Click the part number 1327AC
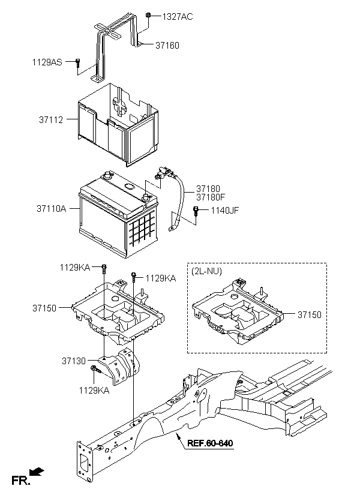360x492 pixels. click(178, 17)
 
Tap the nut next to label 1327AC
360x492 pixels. click(149, 15)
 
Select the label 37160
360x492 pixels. click(167, 46)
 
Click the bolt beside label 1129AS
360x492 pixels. click(77, 62)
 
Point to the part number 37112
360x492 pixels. click(51, 119)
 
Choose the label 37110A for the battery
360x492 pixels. click(52, 208)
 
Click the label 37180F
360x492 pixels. click(211, 197)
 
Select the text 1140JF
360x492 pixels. click(224, 210)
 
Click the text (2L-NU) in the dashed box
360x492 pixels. click(206, 271)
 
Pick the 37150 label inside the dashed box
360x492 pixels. click(310, 314)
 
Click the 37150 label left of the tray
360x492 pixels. click(44, 308)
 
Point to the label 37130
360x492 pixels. click(73, 361)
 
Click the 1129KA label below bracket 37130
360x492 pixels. click(94, 391)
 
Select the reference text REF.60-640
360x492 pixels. click(210, 443)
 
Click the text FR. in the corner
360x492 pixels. click(20, 481)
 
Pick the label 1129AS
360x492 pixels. click(47, 62)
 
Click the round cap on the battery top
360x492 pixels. click(129, 187)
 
